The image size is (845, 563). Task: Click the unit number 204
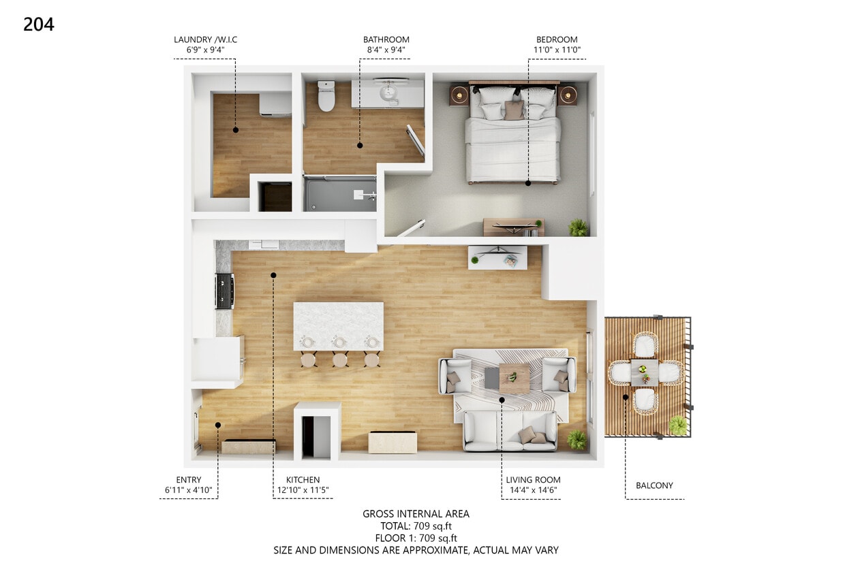click(x=38, y=25)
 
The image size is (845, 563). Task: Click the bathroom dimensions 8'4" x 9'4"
click(x=386, y=50)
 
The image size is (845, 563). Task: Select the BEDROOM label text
click(x=556, y=39)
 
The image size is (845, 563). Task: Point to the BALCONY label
click(x=654, y=485)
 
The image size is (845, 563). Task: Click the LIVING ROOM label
click(x=533, y=480)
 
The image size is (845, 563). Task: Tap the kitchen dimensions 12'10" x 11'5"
click(x=303, y=490)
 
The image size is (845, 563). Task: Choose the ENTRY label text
click(x=188, y=480)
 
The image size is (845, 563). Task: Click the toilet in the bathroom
click(x=327, y=95)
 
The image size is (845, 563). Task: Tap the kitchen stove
click(x=224, y=291)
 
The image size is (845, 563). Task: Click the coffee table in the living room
click(x=514, y=379)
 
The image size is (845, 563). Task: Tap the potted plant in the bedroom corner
click(x=578, y=227)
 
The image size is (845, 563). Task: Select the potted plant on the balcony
click(x=678, y=425)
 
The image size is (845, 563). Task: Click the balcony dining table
click(x=645, y=372)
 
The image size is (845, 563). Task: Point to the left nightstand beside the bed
click(x=459, y=95)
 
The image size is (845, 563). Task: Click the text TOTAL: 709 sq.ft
click(x=416, y=526)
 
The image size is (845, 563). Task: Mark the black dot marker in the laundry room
click(x=236, y=129)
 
